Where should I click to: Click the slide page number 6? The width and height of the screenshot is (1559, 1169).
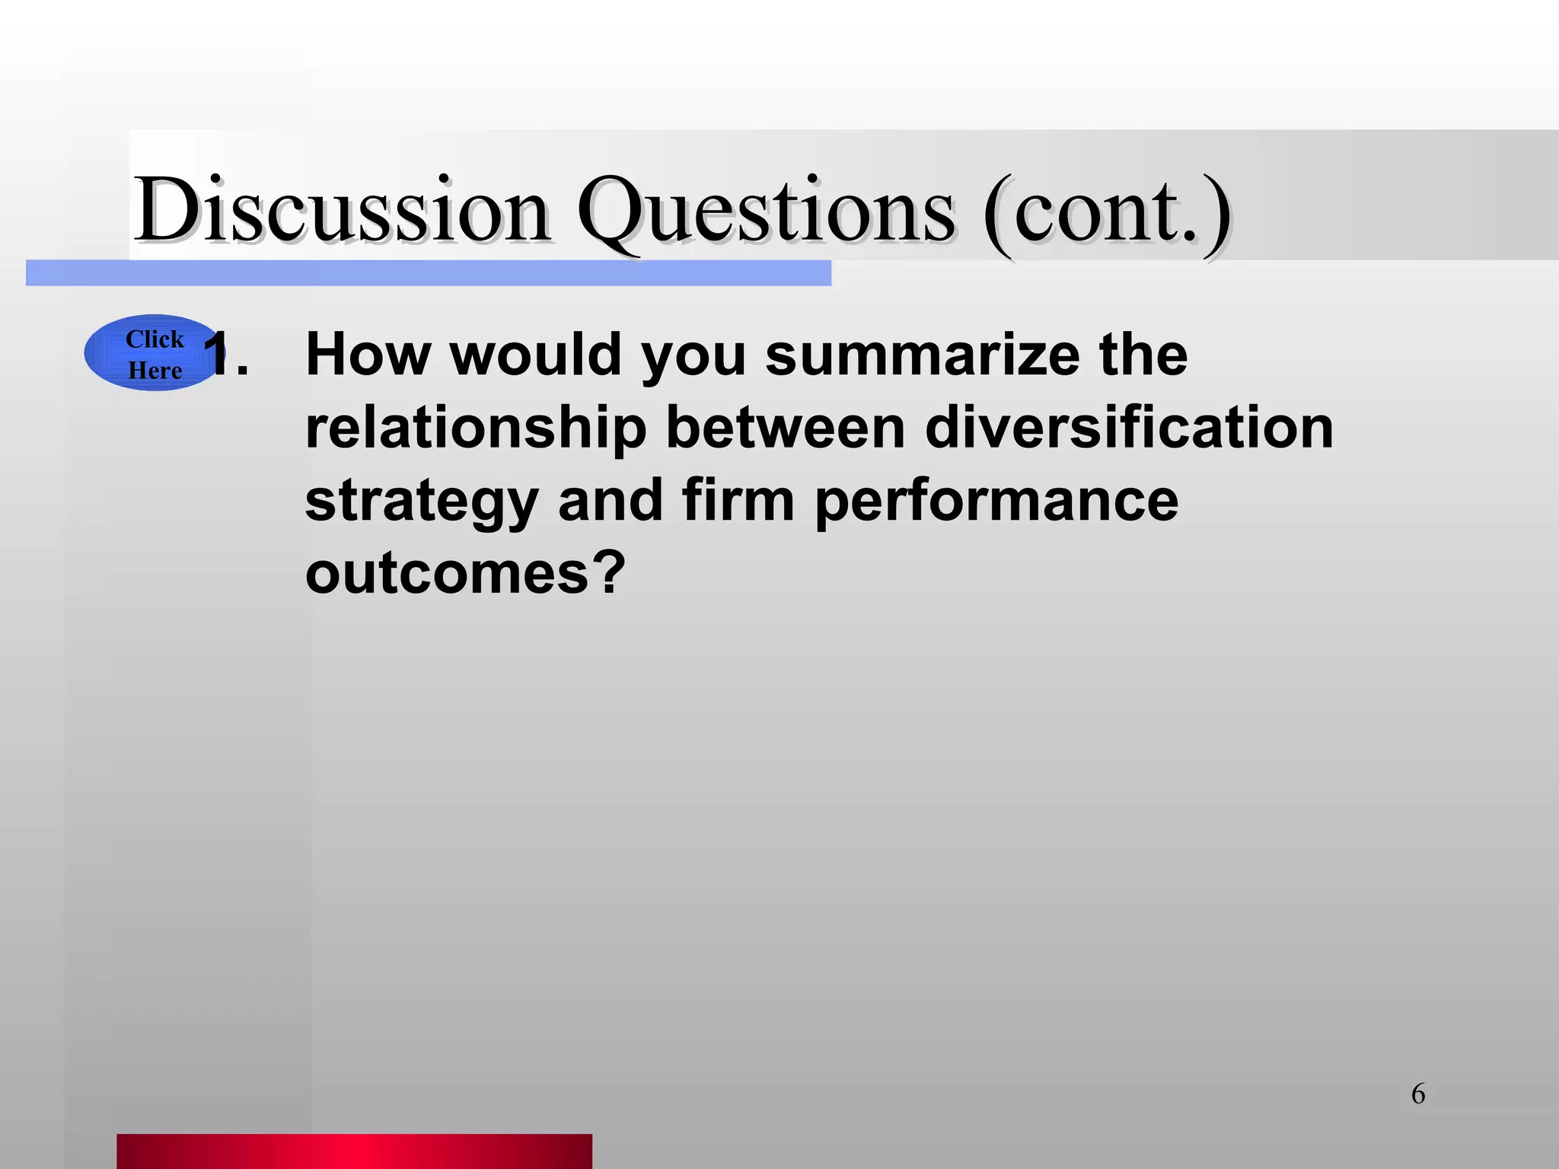1418,1094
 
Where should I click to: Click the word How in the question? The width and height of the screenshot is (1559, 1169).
368,354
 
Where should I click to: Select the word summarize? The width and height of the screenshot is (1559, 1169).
922,354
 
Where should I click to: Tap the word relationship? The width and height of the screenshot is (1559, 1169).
476,427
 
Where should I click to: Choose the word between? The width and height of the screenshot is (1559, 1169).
786,427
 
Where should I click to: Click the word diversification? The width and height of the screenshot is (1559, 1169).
1129,427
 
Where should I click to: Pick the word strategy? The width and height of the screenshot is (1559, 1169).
422,502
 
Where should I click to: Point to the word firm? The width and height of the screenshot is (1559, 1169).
738,500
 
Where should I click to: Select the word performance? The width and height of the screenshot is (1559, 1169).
996,502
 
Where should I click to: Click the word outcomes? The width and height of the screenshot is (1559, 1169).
465,572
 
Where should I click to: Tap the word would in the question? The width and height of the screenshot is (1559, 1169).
535,354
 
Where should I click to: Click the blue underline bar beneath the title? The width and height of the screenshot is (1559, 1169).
428,273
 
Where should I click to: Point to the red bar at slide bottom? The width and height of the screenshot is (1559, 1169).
354,1151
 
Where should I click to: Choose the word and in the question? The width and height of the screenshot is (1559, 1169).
611,500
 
